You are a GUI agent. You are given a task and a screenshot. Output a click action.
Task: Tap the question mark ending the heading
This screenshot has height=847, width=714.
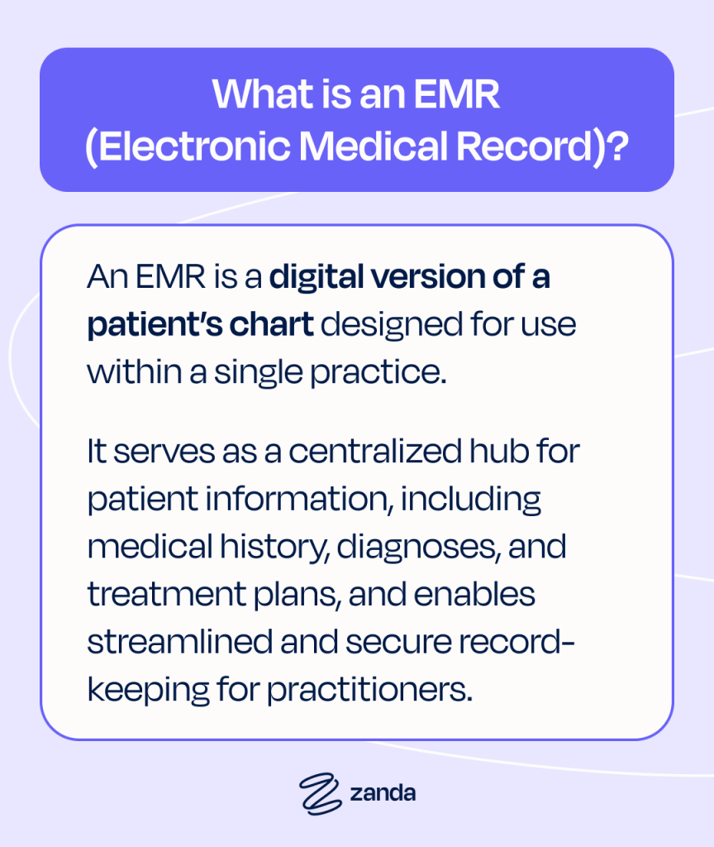click(616, 146)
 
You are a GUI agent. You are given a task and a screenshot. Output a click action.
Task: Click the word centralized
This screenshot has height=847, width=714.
click(375, 451)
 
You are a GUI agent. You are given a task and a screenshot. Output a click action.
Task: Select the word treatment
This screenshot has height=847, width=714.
click(167, 594)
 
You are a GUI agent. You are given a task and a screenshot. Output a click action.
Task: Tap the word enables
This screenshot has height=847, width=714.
click(474, 594)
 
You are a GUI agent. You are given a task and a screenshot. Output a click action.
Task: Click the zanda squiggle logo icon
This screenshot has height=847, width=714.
click(321, 793)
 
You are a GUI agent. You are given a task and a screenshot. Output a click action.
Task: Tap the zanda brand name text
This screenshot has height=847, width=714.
click(383, 793)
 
